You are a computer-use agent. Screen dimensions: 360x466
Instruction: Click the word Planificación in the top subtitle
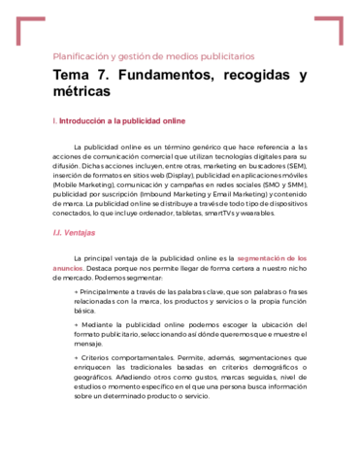(80, 56)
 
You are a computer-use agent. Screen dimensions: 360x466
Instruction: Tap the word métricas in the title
(82, 92)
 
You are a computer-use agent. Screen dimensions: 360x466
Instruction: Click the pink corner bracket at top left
(29, 28)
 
